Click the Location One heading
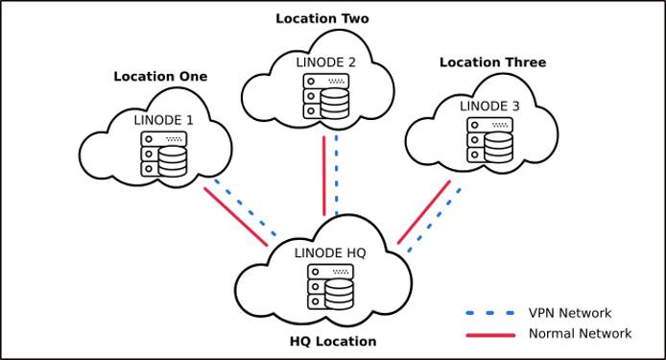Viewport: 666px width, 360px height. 160,77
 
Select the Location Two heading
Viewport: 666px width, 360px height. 321,18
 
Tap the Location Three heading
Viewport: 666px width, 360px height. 492,62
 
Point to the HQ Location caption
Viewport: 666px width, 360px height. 333,341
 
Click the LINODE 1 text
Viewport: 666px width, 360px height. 163,120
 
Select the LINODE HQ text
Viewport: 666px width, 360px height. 331,252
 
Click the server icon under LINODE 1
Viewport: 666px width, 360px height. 161,154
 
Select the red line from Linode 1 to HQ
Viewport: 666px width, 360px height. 235,217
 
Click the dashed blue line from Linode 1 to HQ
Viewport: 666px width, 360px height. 247,206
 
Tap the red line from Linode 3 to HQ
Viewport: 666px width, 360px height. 423,211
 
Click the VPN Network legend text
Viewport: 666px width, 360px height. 569,313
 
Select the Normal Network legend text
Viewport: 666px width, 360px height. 580,334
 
